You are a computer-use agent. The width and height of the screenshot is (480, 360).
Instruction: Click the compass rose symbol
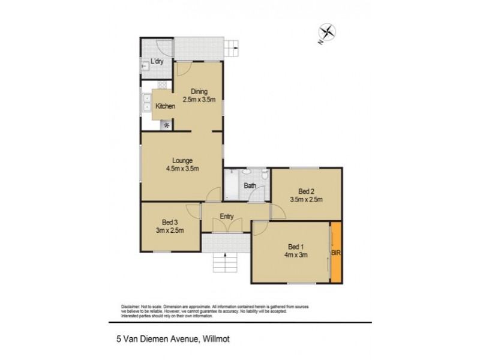point(328,32)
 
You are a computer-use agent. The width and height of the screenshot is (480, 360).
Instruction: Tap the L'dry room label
point(157,61)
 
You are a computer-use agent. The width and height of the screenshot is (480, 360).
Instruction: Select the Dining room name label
point(199,92)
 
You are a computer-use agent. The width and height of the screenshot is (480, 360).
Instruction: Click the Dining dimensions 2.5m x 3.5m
point(199,100)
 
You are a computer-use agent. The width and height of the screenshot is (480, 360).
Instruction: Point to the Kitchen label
point(165,106)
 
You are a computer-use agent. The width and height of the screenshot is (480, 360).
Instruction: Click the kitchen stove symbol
point(166,125)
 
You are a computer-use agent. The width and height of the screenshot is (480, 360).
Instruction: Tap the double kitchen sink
point(146,103)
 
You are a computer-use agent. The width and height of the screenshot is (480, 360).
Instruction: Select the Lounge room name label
point(182,160)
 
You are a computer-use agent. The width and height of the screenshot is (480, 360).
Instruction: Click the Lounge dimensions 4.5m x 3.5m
point(182,169)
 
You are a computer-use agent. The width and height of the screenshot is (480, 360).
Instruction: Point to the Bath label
point(250,185)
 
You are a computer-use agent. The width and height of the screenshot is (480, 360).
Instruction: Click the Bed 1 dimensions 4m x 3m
point(295,254)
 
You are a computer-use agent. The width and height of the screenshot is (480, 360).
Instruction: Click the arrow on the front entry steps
point(225,257)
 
